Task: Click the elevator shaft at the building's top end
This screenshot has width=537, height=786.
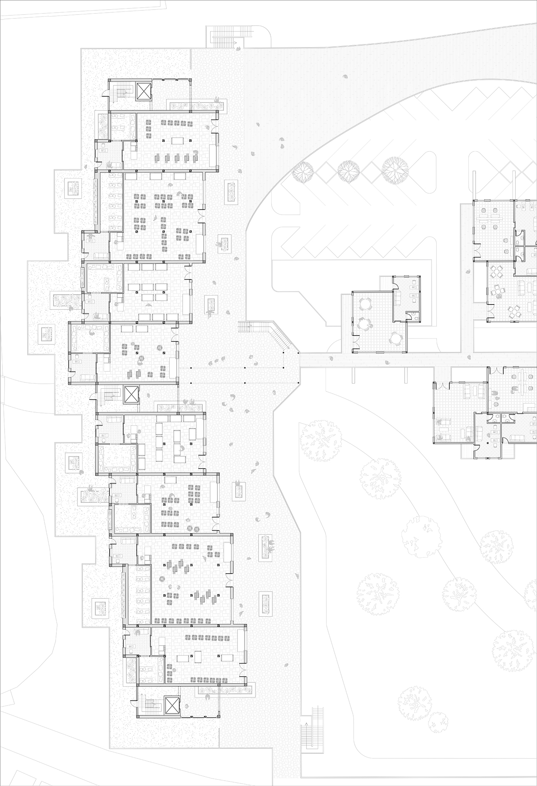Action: [144, 92]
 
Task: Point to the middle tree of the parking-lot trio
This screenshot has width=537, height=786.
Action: [348, 168]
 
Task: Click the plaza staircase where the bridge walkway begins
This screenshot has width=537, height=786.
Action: [244, 327]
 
